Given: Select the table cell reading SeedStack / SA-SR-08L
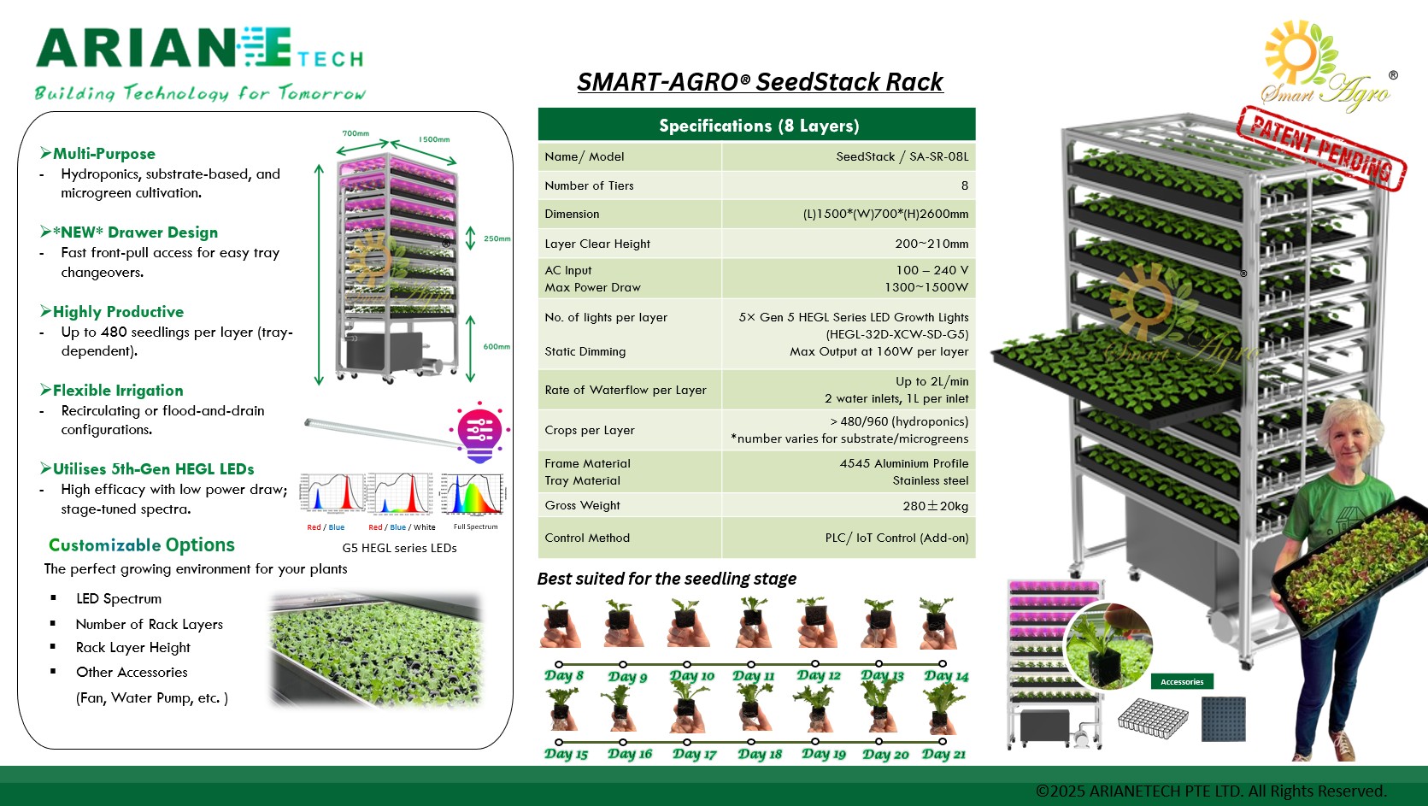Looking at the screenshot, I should (x=902, y=156).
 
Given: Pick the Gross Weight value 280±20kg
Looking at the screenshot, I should (x=935, y=506).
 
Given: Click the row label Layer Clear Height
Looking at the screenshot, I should (x=597, y=244).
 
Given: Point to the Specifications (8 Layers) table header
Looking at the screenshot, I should (x=757, y=126).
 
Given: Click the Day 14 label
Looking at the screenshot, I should (x=946, y=676).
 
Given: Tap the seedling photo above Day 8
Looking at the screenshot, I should (x=560, y=624).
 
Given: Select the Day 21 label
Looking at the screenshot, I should (x=943, y=754).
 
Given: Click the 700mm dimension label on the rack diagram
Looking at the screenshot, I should (x=356, y=133).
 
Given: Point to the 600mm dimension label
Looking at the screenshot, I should (x=497, y=346).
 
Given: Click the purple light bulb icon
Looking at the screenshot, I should (x=479, y=431).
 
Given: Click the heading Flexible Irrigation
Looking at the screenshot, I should (x=118, y=391).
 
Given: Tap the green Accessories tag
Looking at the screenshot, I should (x=1182, y=681).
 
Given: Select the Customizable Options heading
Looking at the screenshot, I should (x=142, y=545).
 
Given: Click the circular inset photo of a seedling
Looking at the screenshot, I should (x=1108, y=645).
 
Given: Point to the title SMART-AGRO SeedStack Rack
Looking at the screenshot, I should (x=759, y=82).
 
